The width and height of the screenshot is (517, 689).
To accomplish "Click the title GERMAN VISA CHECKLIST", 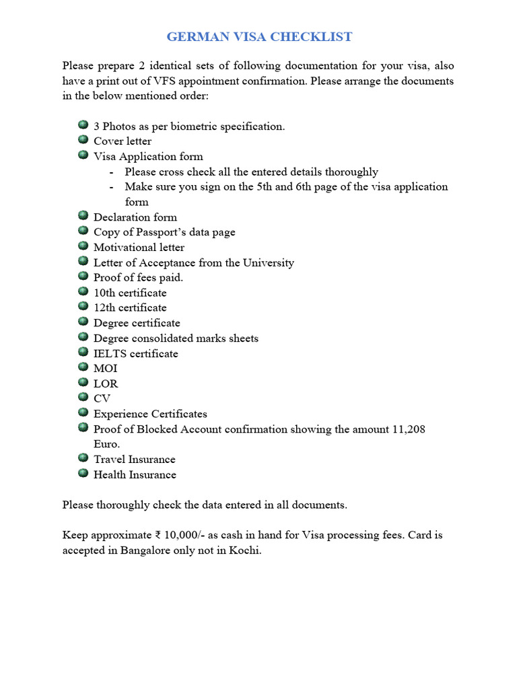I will point(259,36).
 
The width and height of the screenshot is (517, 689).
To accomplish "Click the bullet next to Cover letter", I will point(83,140).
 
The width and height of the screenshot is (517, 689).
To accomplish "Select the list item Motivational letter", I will point(139,247).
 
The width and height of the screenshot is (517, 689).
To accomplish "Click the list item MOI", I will point(105,368).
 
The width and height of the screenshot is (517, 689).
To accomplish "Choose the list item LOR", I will point(106,384).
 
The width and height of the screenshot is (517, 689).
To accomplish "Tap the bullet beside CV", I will point(83,398).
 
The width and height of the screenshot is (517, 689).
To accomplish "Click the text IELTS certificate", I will point(135,353).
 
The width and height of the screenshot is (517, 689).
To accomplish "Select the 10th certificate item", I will point(130,293).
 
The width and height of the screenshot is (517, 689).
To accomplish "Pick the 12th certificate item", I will point(130,307).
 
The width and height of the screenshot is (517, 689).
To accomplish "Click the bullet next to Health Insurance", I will point(83,473).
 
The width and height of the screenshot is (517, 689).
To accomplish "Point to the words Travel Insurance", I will point(134,459).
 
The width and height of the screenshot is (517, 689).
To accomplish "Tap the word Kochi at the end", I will point(244,550).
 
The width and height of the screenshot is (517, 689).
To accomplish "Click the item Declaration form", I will point(135,217).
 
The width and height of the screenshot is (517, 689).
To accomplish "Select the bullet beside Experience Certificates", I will point(83,412).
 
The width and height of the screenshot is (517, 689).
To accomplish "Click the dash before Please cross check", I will point(110,172).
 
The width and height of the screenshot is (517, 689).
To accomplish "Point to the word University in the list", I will point(269,262).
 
